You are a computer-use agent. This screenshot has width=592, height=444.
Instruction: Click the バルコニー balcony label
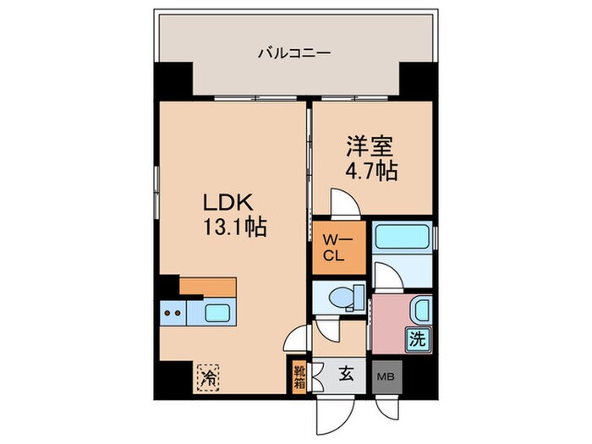(294, 53)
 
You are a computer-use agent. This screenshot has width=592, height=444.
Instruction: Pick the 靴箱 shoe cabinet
(299, 374)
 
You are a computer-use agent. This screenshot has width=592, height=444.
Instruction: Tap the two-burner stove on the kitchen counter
(172, 314)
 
